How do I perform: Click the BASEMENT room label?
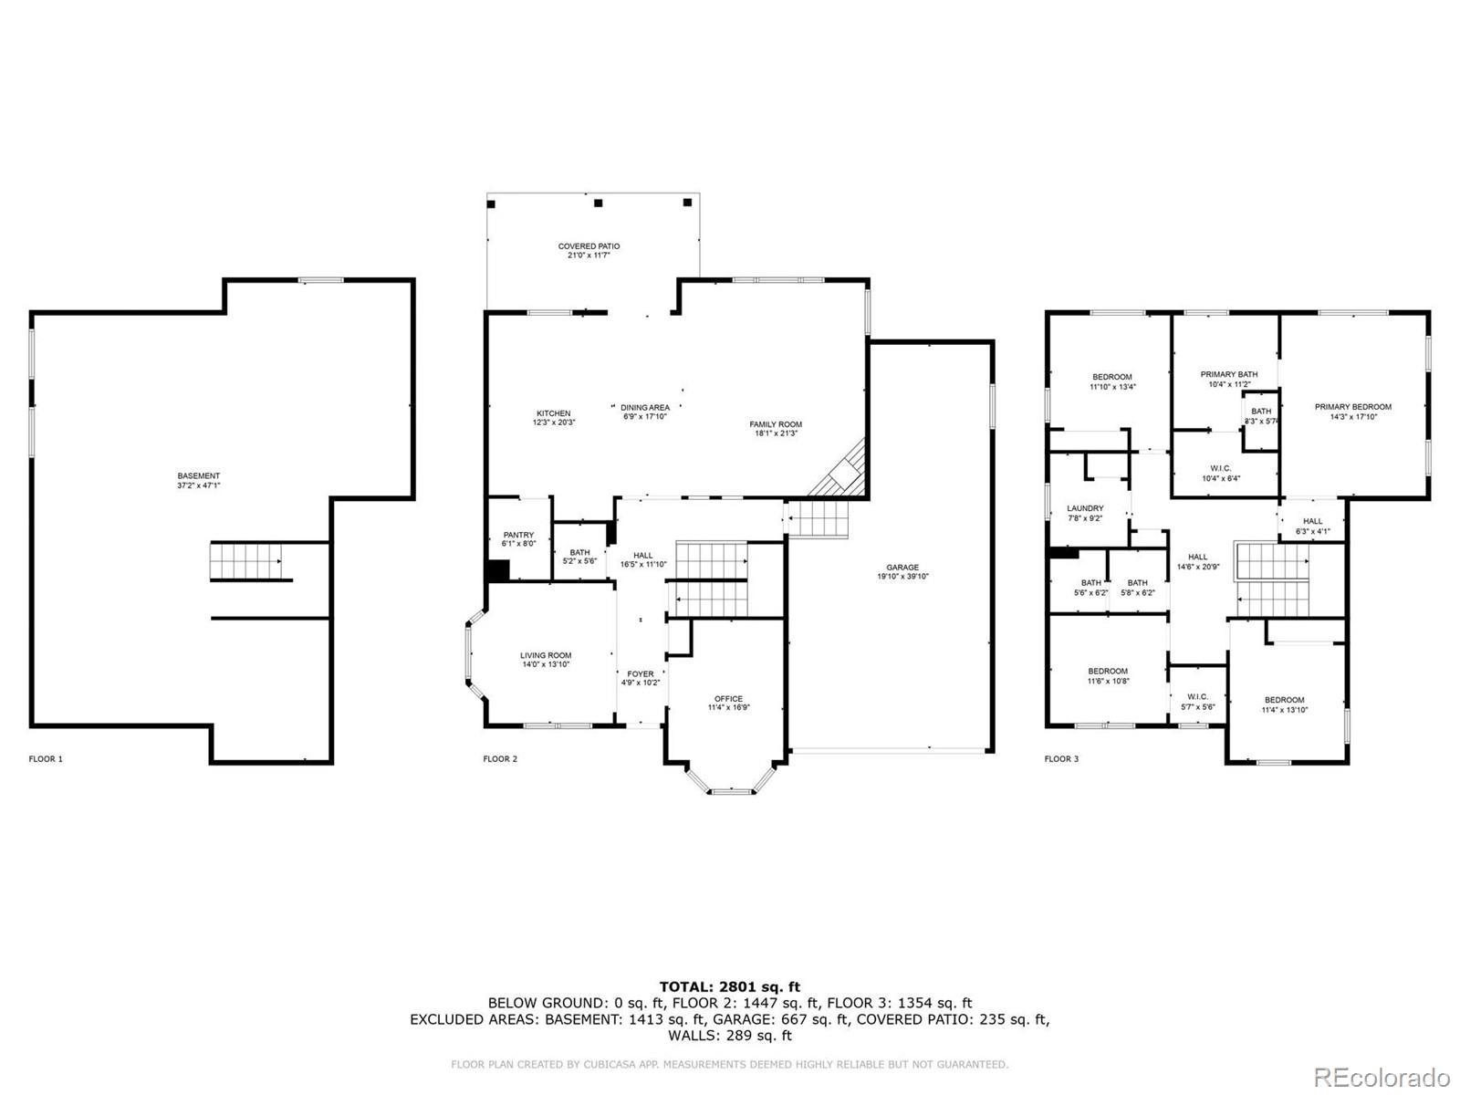click(198, 475)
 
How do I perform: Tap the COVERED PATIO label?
click(589, 246)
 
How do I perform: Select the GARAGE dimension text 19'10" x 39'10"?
click(902, 577)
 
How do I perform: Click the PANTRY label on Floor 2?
click(518, 535)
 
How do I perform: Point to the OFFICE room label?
click(728, 699)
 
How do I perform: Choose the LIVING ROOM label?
click(546, 655)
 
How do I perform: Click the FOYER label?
click(640, 674)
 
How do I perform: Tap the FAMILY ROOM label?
click(776, 424)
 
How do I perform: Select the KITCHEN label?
click(553, 413)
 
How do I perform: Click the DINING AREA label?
click(645, 408)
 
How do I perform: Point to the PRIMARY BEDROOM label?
click(1352, 407)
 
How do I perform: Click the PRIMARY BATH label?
click(1228, 374)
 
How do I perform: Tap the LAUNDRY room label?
click(1085, 508)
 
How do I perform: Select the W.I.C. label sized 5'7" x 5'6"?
click(1197, 696)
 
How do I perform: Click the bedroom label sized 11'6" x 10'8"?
click(1108, 671)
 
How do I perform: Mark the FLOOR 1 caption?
click(46, 758)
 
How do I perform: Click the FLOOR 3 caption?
click(1061, 758)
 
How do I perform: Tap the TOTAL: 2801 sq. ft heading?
click(729, 986)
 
